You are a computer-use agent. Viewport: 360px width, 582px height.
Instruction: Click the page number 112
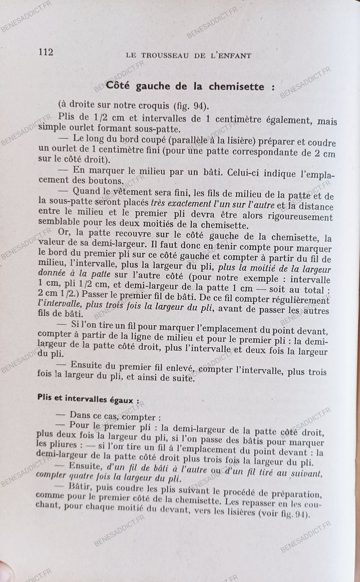45,52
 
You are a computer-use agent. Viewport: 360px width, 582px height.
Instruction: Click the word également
284,120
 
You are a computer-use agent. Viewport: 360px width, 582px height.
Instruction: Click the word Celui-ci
243,169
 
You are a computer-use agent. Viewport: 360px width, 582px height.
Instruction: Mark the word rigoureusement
301,217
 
